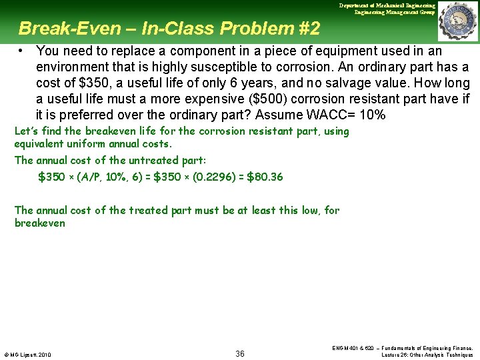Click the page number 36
point(240,353)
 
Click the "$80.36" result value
point(265,177)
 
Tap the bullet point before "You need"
point(22,51)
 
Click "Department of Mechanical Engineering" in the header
point(387,5)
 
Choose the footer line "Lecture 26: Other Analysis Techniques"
point(427,355)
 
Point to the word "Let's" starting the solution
point(27,131)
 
